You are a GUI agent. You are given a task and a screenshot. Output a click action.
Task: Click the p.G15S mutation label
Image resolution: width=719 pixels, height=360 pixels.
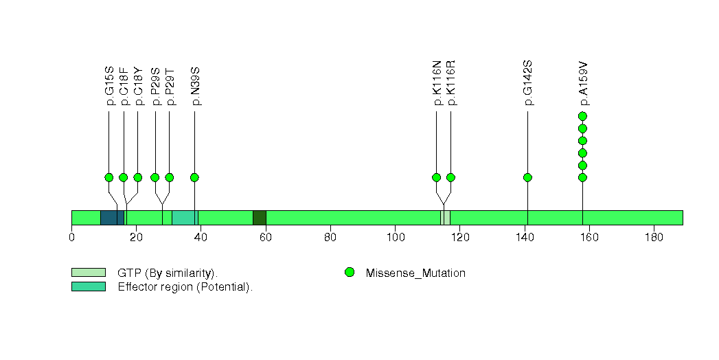coord(110,86)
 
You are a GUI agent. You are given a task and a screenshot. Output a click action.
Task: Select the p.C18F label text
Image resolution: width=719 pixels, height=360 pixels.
coord(124,86)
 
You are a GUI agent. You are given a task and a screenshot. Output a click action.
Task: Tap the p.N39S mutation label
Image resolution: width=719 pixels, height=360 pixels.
coord(195,86)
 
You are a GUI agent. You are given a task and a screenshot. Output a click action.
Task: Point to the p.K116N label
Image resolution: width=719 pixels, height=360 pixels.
coord(437,83)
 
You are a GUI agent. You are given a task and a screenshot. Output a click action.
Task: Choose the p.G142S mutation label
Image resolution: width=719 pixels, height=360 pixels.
coord(528,83)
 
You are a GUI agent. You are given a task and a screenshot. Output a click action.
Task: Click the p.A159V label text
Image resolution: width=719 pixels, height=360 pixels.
coord(583,83)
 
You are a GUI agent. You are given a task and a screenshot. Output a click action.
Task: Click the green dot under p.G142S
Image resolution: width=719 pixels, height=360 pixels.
coord(528,177)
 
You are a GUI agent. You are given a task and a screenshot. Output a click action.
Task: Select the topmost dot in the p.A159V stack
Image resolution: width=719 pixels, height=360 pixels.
coord(583,116)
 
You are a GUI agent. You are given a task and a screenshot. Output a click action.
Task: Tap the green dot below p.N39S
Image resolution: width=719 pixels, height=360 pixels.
coord(194,177)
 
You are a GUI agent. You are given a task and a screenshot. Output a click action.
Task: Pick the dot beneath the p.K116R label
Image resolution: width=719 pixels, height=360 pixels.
coord(450,177)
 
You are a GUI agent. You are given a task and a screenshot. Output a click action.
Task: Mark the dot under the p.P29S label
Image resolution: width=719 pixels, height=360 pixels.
coord(155,177)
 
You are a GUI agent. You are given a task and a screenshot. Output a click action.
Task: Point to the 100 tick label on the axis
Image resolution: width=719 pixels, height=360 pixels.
coord(396,238)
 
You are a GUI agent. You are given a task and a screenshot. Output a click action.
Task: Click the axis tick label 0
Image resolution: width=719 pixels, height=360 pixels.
coord(71,238)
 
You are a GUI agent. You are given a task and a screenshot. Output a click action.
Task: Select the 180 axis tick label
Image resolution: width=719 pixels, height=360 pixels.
coord(654,238)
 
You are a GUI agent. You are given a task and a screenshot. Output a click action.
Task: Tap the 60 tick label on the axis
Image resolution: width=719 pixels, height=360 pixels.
coord(266,238)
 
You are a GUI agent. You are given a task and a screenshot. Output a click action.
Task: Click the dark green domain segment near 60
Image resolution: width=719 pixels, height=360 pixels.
coord(260,218)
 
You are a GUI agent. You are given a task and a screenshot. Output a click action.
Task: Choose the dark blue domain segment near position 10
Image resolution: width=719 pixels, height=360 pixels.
coord(113,218)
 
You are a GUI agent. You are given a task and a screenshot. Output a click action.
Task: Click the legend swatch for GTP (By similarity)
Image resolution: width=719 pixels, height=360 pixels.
coord(89,273)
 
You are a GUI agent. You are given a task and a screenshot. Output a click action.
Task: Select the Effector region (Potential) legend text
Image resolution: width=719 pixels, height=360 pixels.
coord(185,287)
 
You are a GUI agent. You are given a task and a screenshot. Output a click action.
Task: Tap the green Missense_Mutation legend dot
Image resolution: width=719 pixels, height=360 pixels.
coord(350,273)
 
